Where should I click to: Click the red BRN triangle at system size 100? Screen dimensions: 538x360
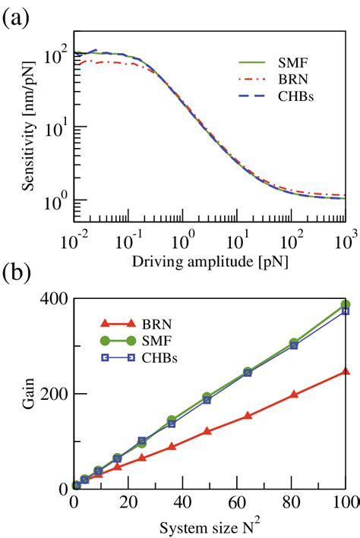(x=346, y=371)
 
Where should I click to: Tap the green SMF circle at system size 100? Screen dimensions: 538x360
(x=346, y=304)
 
